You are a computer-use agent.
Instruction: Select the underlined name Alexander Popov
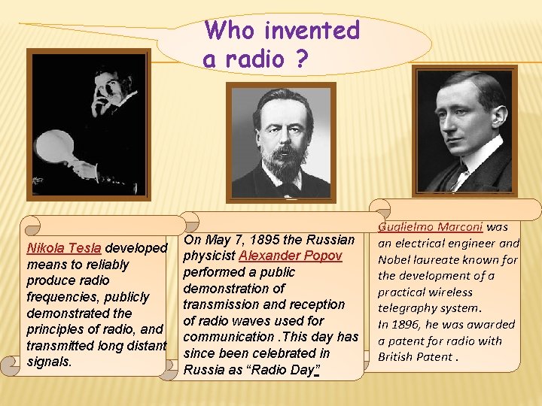click(291, 256)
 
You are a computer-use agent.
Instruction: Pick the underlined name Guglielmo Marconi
click(431, 226)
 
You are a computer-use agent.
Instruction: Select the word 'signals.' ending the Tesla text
click(49, 362)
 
